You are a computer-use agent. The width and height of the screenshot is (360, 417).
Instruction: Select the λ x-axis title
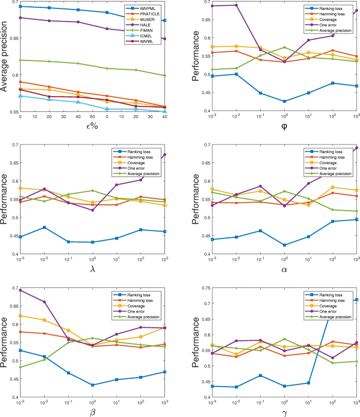(92, 272)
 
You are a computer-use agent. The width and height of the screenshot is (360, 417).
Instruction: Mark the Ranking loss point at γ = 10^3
(357, 300)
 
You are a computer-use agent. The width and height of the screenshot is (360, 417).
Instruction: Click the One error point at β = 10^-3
(20, 290)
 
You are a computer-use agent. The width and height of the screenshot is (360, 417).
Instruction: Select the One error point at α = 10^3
(357, 148)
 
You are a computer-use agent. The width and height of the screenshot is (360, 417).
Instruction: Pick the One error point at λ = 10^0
(92, 210)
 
